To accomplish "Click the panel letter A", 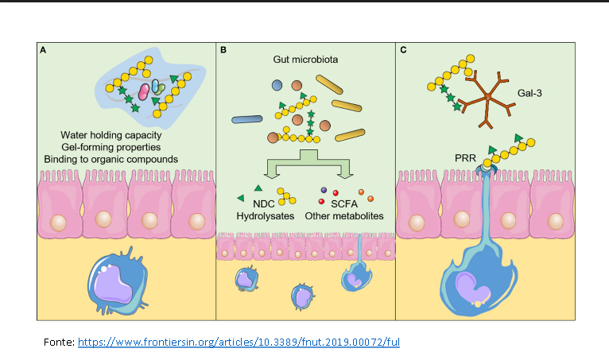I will pyautogui.click(x=43, y=50).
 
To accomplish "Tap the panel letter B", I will pyautogui.click(x=223, y=50).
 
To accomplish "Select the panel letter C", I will pyautogui.click(x=403, y=50).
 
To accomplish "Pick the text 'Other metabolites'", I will pyautogui.click(x=351, y=215).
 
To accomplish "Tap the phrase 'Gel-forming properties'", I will pyautogui.click(x=111, y=147).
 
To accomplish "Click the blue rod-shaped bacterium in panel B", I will pyautogui.click(x=246, y=119).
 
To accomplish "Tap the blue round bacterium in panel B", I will pyautogui.click(x=277, y=84).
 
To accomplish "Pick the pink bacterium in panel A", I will pyautogui.click(x=145, y=91).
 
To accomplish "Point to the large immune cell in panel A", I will pyautogui.click(x=119, y=282).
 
